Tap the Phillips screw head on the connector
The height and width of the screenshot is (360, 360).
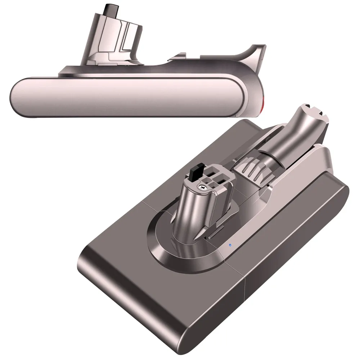(203, 187)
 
